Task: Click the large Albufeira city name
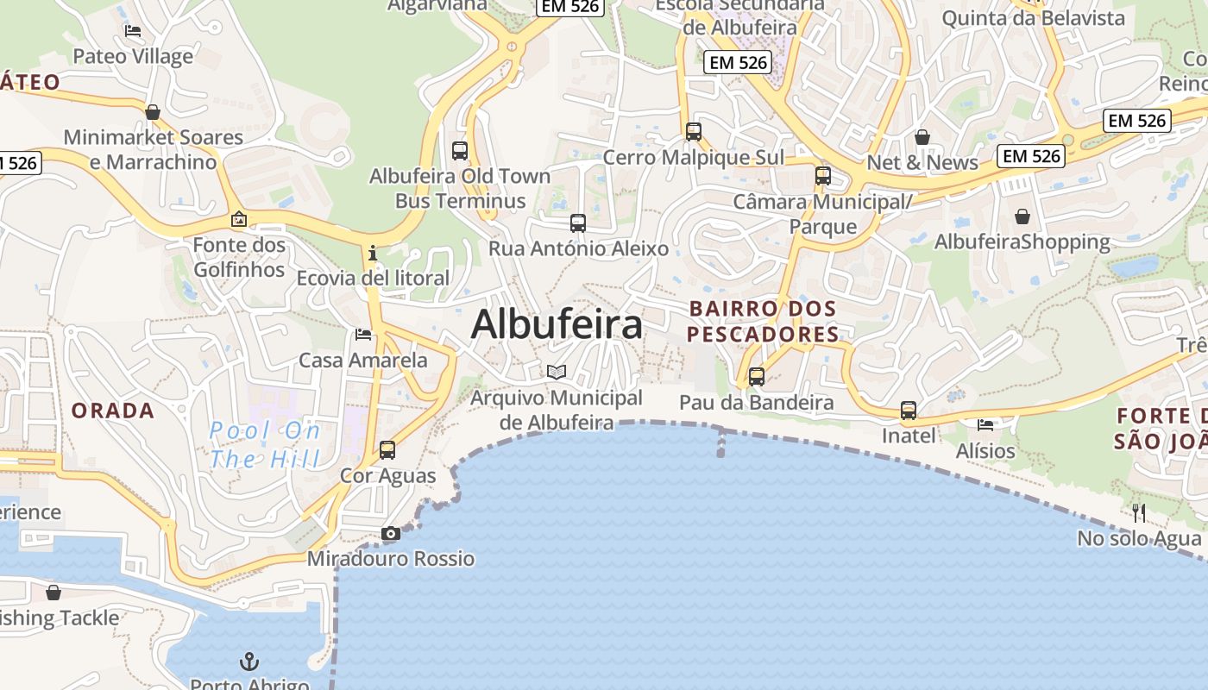tap(557, 325)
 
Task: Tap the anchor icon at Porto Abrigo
tap(249, 662)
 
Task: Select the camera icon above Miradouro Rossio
tap(391, 534)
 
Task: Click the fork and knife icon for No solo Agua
tap(1139, 513)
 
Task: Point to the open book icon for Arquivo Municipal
tap(557, 372)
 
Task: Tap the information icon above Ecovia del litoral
tap(373, 253)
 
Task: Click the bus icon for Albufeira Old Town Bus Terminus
tap(460, 151)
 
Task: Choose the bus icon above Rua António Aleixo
tap(578, 223)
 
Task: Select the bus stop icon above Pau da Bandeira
tap(757, 377)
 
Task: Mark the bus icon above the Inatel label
tap(909, 411)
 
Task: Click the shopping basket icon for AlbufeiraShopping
tap(1022, 216)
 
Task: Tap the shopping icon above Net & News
tap(922, 137)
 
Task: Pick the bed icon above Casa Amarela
tap(363, 334)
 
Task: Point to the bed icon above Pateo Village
tap(133, 31)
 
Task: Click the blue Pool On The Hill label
tap(265, 444)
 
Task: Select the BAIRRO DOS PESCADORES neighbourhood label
tap(764, 322)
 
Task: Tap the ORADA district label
tap(113, 411)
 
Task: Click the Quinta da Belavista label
tap(1033, 18)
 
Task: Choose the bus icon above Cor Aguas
tap(387, 449)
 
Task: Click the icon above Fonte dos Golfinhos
tap(239, 220)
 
